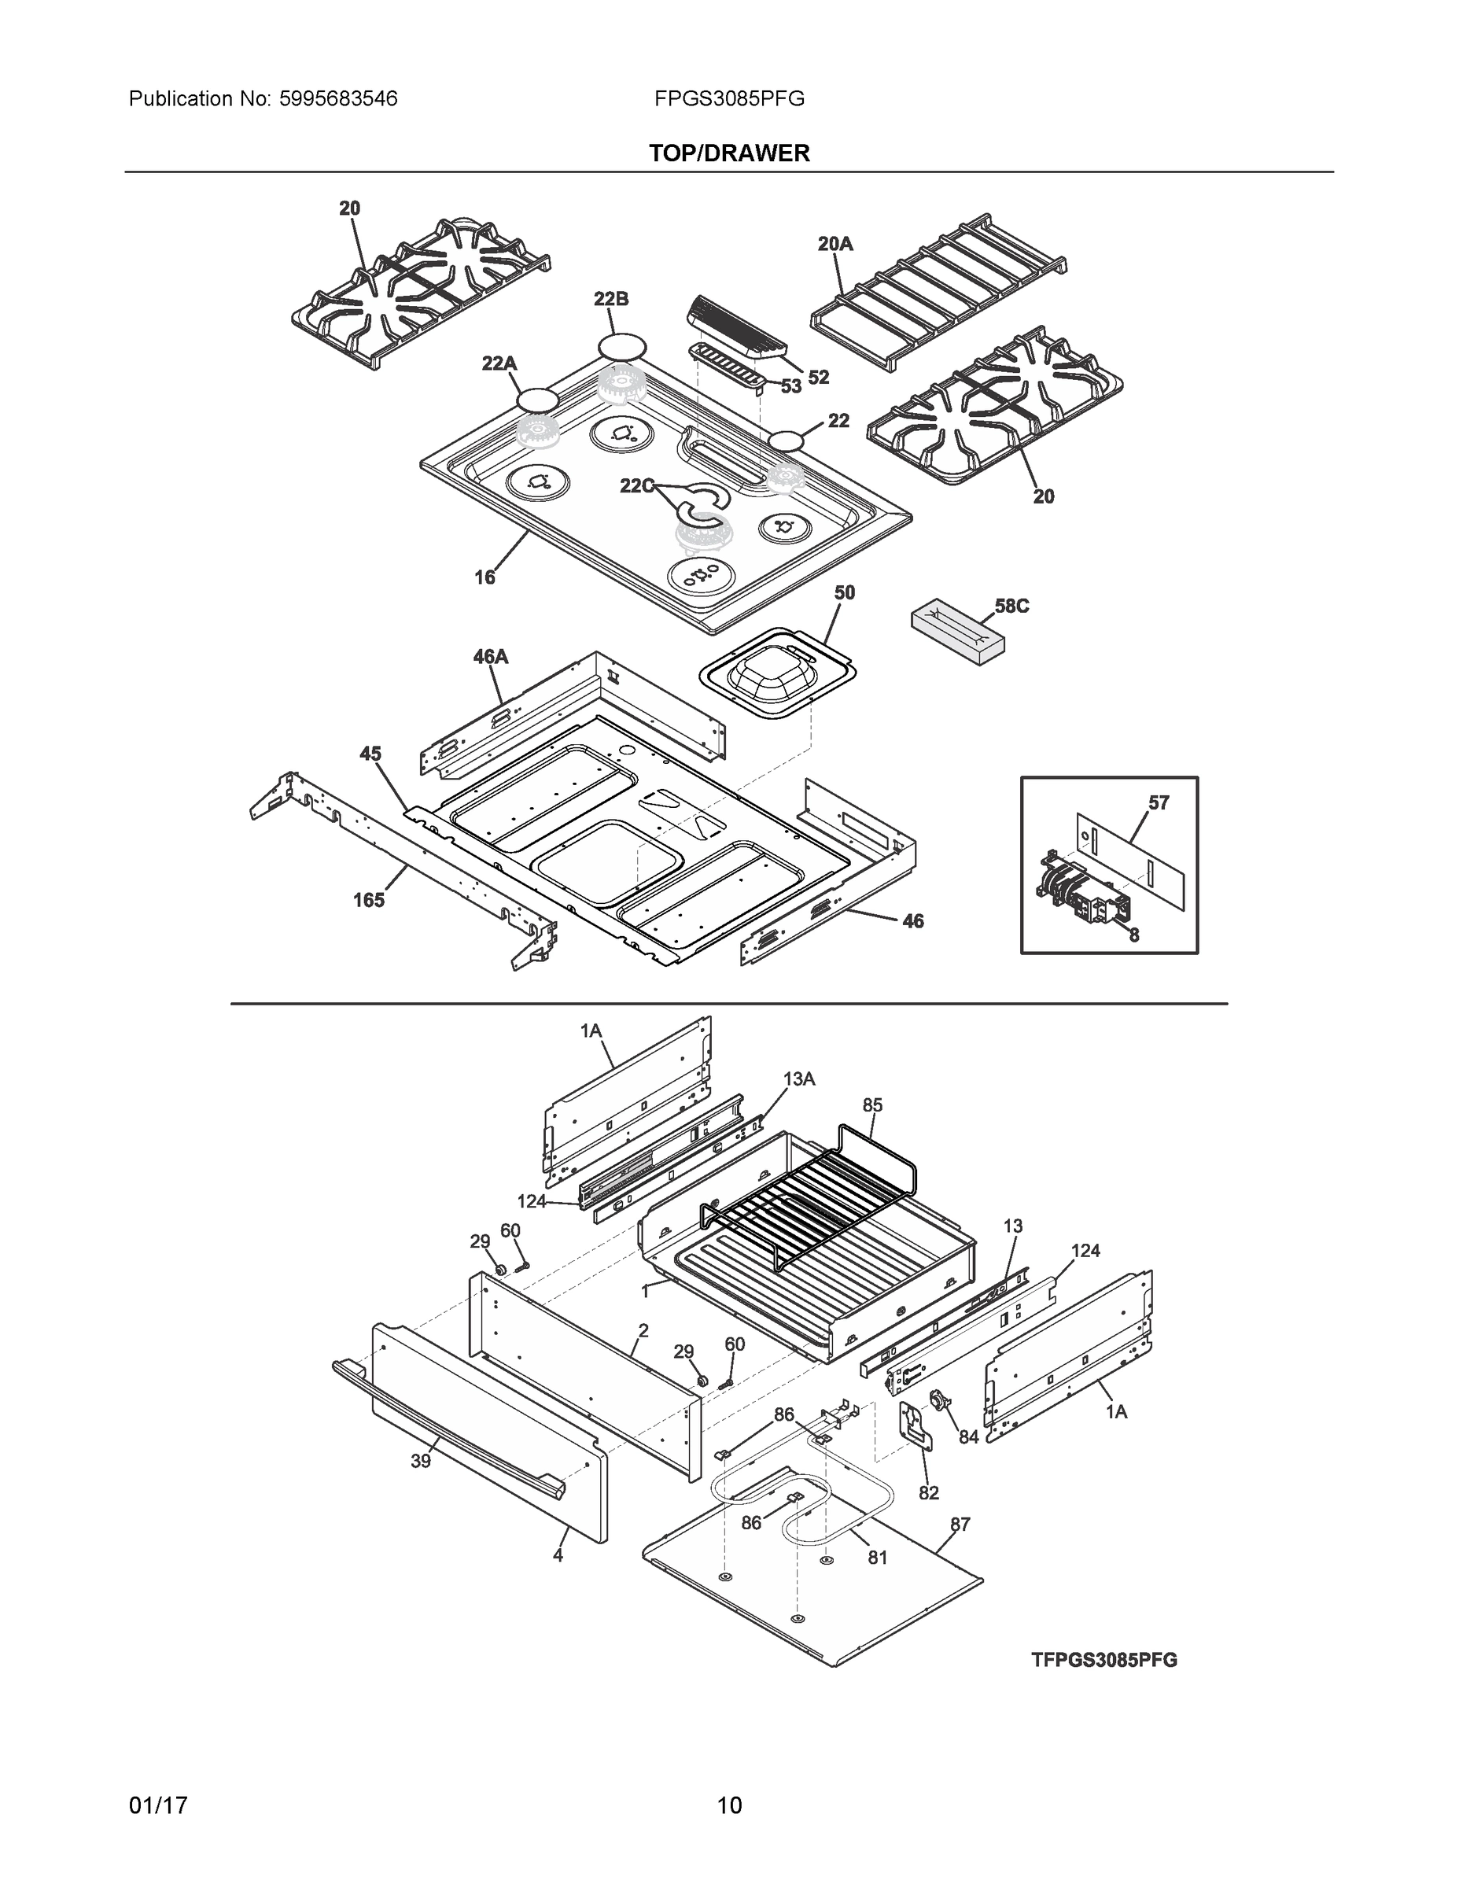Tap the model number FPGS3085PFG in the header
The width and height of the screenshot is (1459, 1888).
728,98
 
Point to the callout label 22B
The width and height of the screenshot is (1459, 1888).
610,299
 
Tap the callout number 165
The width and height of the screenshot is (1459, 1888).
368,900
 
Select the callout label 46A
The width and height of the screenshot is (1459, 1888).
490,657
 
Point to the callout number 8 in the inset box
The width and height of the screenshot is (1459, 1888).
1133,935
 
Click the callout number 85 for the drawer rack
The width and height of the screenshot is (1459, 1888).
872,1104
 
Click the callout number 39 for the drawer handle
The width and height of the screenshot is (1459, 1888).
420,1461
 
